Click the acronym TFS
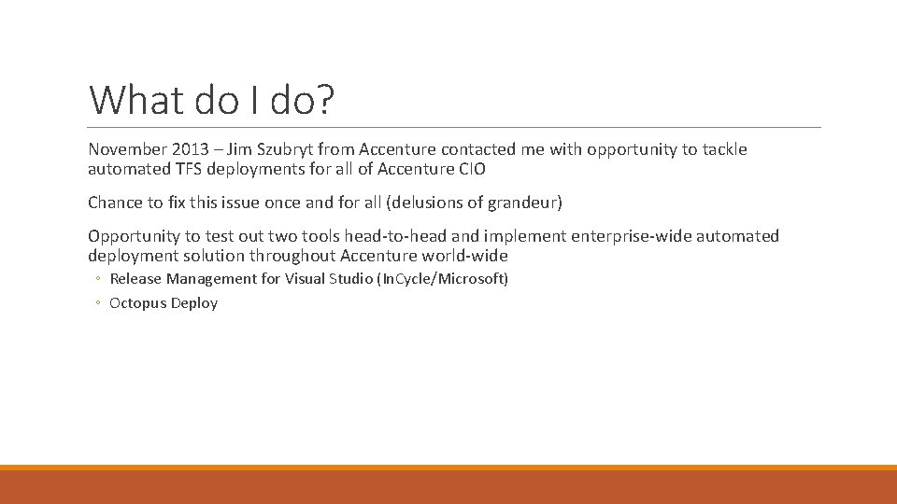[178, 170]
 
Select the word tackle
[722, 149]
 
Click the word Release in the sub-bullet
[135, 278]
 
